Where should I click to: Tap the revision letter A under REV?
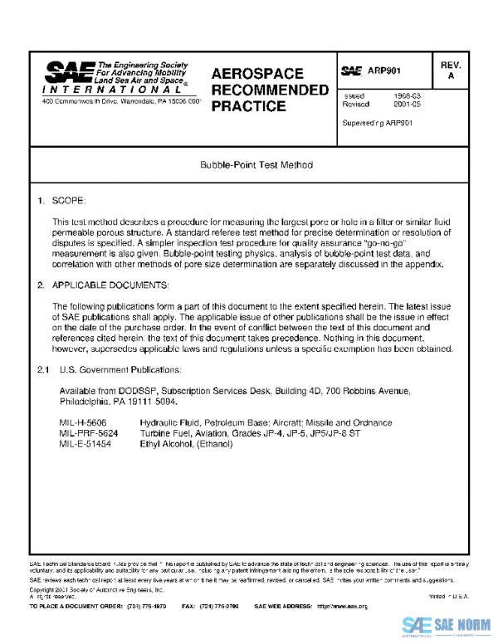[452, 76]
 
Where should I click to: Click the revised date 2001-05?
[406, 105]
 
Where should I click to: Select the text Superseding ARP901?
[378, 122]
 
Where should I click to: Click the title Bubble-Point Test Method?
[256, 164]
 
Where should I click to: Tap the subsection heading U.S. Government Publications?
[120, 368]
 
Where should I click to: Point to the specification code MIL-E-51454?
[86, 444]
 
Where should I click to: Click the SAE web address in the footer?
[342, 607]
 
